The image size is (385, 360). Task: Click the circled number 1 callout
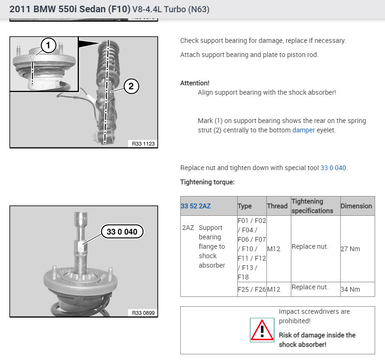click(48, 45)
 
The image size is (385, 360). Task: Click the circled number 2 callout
click(131, 86)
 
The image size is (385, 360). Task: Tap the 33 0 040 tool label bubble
click(122, 231)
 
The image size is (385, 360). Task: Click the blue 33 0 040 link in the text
click(333, 168)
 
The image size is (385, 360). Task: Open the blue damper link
click(304, 130)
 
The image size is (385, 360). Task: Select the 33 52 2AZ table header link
click(196, 206)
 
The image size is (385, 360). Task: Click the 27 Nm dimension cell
click(350, 249)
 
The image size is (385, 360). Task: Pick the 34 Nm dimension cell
click(350, 289)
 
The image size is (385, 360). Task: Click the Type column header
click(245, 206)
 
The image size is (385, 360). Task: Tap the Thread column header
click(277, 206)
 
